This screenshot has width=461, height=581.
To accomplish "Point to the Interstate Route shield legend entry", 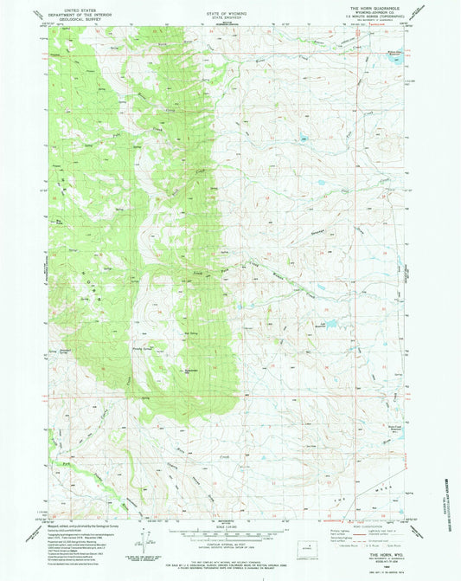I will click(x=343, y=544).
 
